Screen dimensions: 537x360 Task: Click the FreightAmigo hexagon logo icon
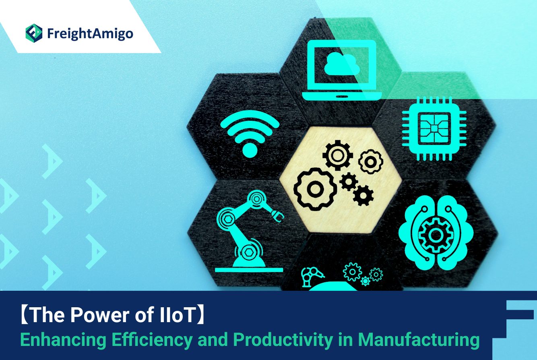[34, 33]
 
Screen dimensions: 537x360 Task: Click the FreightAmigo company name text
[90, 34]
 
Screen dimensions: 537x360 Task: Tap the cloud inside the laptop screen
[342, 63]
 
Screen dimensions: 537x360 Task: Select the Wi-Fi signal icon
[250, 134]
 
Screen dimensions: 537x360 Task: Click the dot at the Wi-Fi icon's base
[250, 150]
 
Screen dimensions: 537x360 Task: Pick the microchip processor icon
[434, 128]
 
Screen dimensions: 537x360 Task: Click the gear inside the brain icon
[436, 235]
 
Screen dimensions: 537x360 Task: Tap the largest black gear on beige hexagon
[315, 189]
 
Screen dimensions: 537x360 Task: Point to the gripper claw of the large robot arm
[278, 215]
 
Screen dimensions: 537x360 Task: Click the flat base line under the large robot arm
[249, 270]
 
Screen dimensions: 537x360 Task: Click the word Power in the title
[100, 314]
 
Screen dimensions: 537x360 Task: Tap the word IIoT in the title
[176, 314]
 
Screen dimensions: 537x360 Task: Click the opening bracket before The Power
[25, 315]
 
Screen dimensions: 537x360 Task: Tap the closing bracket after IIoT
[200, 315]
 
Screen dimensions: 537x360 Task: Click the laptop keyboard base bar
[342, 96]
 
